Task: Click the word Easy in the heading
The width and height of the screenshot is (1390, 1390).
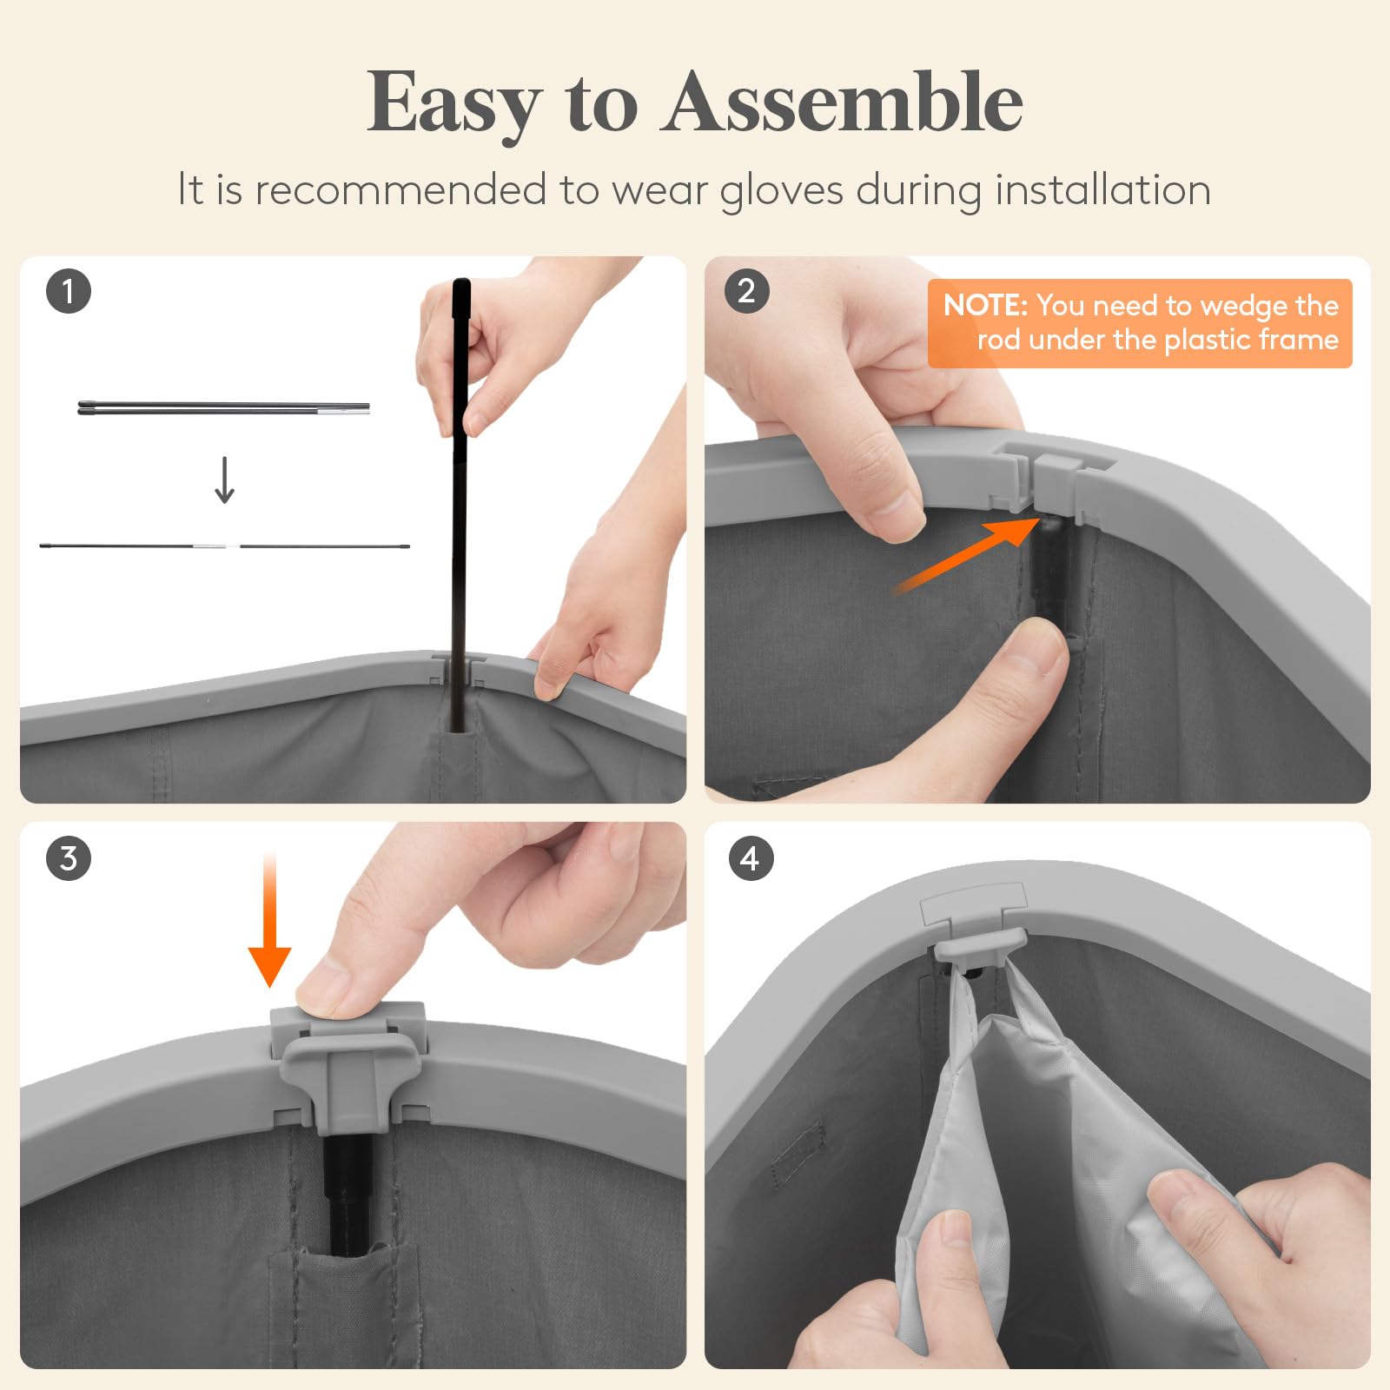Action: pyautogui.click(x=453, y=106)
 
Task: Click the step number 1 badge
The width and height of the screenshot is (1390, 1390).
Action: pyautogui.click(x=69, y=291)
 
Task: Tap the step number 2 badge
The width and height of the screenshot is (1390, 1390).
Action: pyautogui.click(x=746, y=291)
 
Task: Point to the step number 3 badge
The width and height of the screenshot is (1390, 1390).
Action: pyautogui.click(x=69, y=858)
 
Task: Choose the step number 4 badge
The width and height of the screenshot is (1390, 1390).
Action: pyautogui.click(x=750, y=858)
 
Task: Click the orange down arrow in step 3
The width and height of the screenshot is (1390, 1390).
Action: pyautogui.click(x=269, y=921)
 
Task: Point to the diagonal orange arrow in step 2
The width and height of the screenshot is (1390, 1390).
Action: pyautogui.click(x=967, y=555)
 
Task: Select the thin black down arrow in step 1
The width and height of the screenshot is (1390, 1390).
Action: pyautogui.click(x=225, y=480)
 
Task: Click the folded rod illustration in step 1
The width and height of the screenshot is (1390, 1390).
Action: pyautogui.click(x=224, y=407)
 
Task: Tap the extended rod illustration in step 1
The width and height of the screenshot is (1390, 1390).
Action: pyautogui.click(x=224, y=546)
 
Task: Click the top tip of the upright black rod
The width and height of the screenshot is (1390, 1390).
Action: pyautogui.click(x=461, y=282)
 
